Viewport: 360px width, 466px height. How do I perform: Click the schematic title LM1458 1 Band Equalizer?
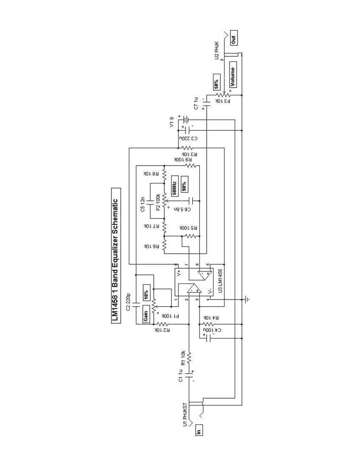[x=115, y=255]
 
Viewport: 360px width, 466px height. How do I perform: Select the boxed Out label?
[x=233, y=38]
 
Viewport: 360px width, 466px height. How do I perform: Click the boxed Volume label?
[x=233, y=75]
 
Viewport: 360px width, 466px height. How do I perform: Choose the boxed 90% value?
[x=184, y=185]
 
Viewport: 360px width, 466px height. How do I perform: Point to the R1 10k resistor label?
[x=183, y=358]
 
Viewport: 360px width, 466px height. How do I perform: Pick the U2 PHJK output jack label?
[x=216, y=50]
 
